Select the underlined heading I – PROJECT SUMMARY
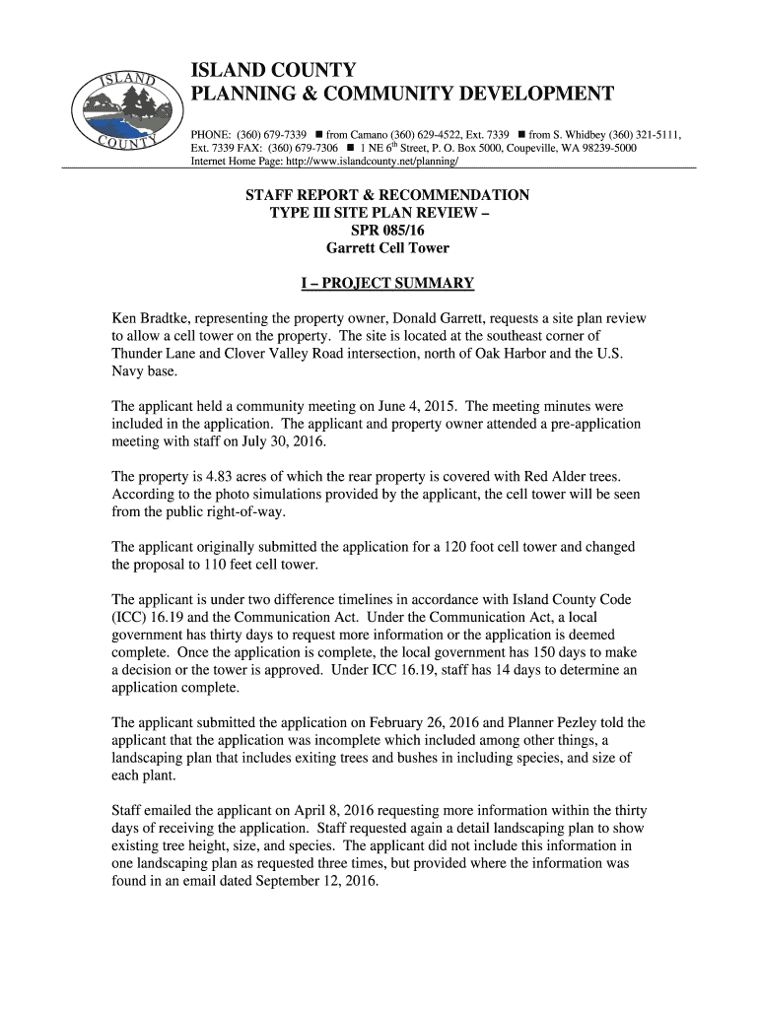pyautogui.click(x=387, y=284)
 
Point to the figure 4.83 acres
pyautogui.click(x=230, y=477)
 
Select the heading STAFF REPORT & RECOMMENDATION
pyautogui.click(x=387, y=195)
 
